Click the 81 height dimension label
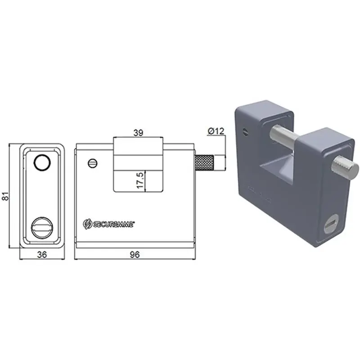coord(5,196)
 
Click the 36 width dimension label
coord(42,254)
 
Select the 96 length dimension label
coord(135,254)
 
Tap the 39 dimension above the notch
coord(138,133)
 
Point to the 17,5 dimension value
coord(140,180)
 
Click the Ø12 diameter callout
coord(216,131)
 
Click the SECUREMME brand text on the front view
coord(113,224)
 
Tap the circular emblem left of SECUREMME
coord(87,224)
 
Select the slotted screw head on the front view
coord(93,163)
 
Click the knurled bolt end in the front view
coord(205,163)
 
